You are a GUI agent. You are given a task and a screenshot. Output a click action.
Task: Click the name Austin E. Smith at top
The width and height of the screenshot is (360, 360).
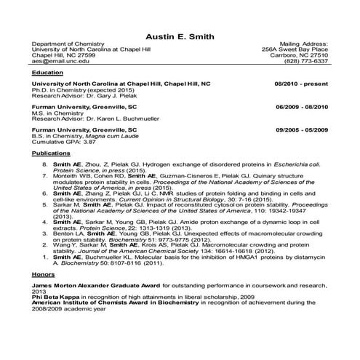pos(180,36)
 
